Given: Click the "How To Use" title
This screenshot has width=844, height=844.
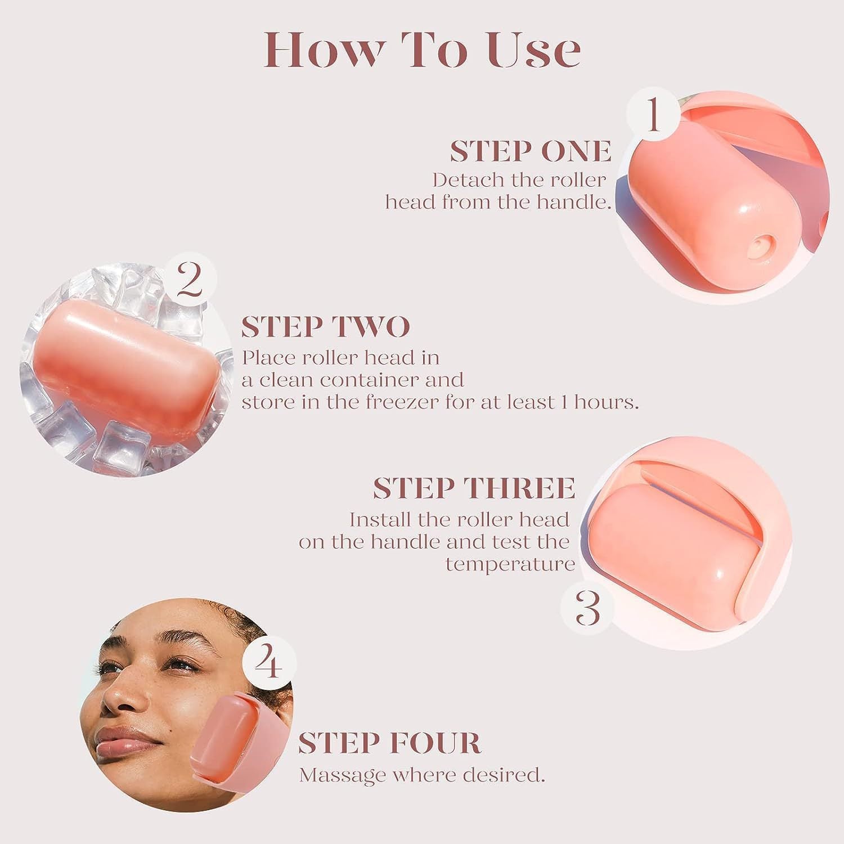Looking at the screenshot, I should [422, 50].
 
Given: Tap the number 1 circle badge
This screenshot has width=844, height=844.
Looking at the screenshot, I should [653, 115].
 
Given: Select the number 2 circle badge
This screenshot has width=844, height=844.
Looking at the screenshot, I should [189, 280].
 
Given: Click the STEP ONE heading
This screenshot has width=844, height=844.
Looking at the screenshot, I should [530, 151].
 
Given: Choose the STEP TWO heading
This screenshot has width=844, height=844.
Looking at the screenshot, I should [325, 327].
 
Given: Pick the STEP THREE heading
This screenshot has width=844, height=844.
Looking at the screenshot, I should [474, 488].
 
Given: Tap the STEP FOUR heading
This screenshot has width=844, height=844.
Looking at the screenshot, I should [389, 743].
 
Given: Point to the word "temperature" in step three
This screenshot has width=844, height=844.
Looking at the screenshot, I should [510, 564].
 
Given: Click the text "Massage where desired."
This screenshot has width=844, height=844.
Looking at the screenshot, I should [422, 775].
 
